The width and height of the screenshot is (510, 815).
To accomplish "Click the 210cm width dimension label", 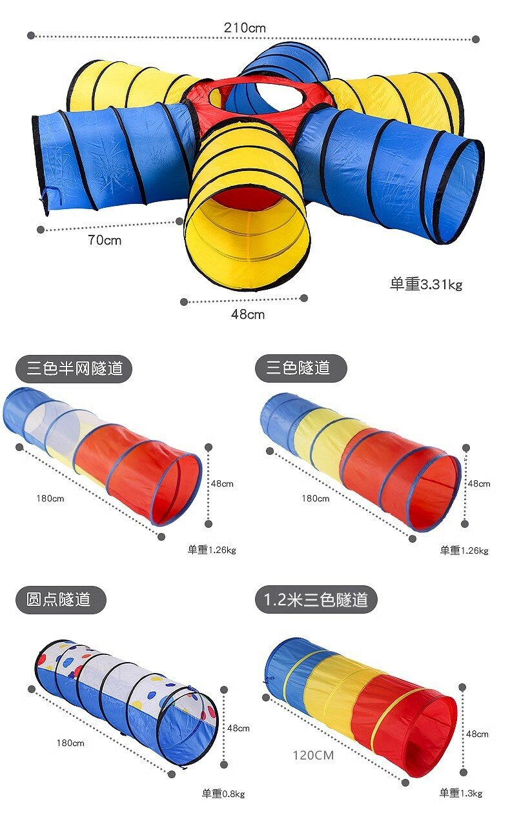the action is pos(245,28).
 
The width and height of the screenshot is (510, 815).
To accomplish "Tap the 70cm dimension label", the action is pos(105,241).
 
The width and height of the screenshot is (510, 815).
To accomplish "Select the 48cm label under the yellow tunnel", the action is pos(248,314).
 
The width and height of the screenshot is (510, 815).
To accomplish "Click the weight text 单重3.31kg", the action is pos(425,285).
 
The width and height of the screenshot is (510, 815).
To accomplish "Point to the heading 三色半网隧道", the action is pos(74,368).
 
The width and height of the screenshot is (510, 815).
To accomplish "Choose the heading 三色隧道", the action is pos(298,368).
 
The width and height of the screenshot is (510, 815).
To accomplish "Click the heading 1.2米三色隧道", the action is pos(316,599).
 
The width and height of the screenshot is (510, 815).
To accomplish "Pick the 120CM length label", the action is pos(313,755).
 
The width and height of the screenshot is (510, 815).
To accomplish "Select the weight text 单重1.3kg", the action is pos(461,793).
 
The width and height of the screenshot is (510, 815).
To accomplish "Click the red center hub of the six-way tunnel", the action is pos(258,96).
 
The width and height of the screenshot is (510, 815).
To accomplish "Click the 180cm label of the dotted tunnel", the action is pos(70,743).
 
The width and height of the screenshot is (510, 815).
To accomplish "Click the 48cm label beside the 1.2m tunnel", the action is pos(477,734).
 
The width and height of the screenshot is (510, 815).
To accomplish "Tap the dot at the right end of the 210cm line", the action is pos(476,39).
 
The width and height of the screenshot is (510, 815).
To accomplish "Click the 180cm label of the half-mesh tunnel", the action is pos(50,498).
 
